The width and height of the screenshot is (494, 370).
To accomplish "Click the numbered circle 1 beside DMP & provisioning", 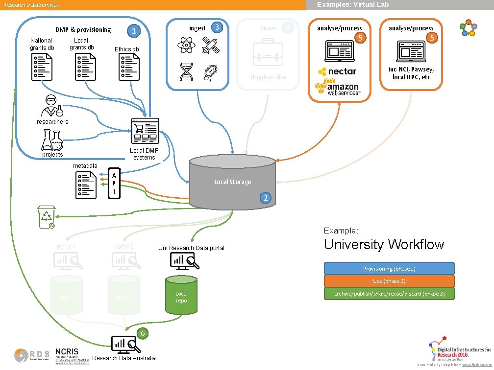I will (x=133, y=31).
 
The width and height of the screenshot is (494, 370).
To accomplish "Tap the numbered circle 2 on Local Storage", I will (x=265, y=198).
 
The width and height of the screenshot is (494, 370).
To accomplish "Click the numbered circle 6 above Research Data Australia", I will (x=142, y=333).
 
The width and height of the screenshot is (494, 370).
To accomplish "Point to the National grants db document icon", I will (x=42, y=67).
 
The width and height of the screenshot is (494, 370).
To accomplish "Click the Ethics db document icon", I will (x=128, y=67).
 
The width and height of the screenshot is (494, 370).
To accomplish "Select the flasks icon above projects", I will (x=52, y=140).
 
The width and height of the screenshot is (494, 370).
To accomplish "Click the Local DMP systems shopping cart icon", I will (x=145, y=131).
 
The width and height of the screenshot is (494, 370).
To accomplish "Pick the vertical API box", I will (x=114, y=184).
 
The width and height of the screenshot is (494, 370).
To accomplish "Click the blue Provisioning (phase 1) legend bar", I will (x=389, y=269).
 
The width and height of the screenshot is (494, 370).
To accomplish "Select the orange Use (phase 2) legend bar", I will (x=389, y=281).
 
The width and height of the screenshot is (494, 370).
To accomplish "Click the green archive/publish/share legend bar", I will (x=389, y=294).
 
